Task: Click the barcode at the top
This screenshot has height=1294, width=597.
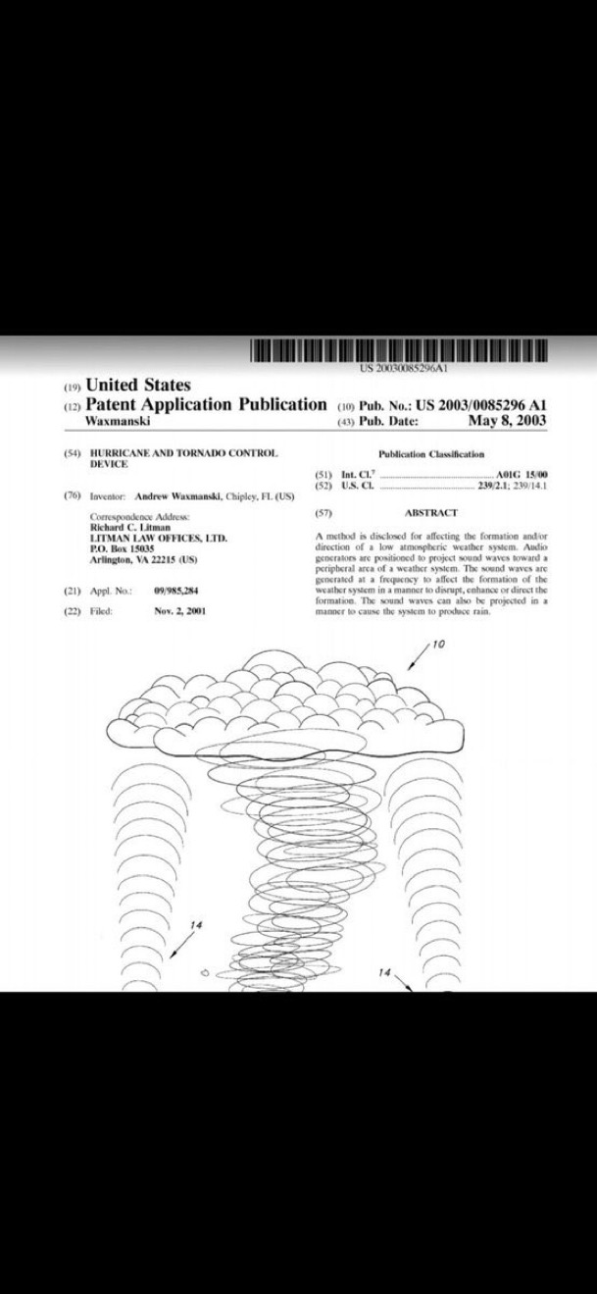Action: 398,350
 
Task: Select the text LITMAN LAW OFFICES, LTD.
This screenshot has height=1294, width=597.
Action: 158,539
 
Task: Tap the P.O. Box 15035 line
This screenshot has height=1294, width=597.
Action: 116,548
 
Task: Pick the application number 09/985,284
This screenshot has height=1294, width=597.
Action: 176,592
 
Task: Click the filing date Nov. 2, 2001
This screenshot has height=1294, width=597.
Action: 179,610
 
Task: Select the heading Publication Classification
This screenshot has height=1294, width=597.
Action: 431,454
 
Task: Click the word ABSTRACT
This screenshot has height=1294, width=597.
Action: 430,513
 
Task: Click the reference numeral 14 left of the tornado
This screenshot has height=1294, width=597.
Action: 196,924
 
